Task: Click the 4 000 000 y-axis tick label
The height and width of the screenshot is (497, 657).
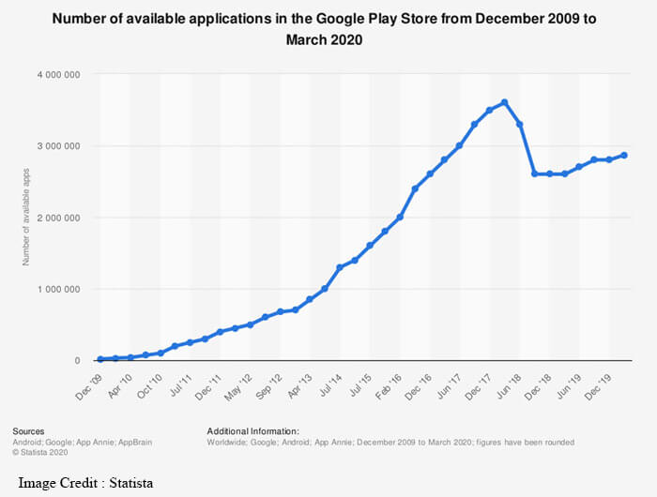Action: (x=59, y=74)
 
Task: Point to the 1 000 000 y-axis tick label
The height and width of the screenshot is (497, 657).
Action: (x=59, y=289)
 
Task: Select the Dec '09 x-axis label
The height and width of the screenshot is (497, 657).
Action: (x=91, y=379)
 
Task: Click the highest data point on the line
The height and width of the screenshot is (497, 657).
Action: (x=505, y=102)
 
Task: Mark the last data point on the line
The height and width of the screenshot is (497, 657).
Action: (x=624, y=155)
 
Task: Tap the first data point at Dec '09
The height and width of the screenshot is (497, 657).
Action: (x=100, y=359)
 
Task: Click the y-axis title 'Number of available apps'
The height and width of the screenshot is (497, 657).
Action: (x=26, y=218)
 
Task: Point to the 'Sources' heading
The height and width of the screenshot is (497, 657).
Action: (x=31, y=430)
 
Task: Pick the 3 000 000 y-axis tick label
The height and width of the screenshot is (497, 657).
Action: (x=59, y=146)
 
